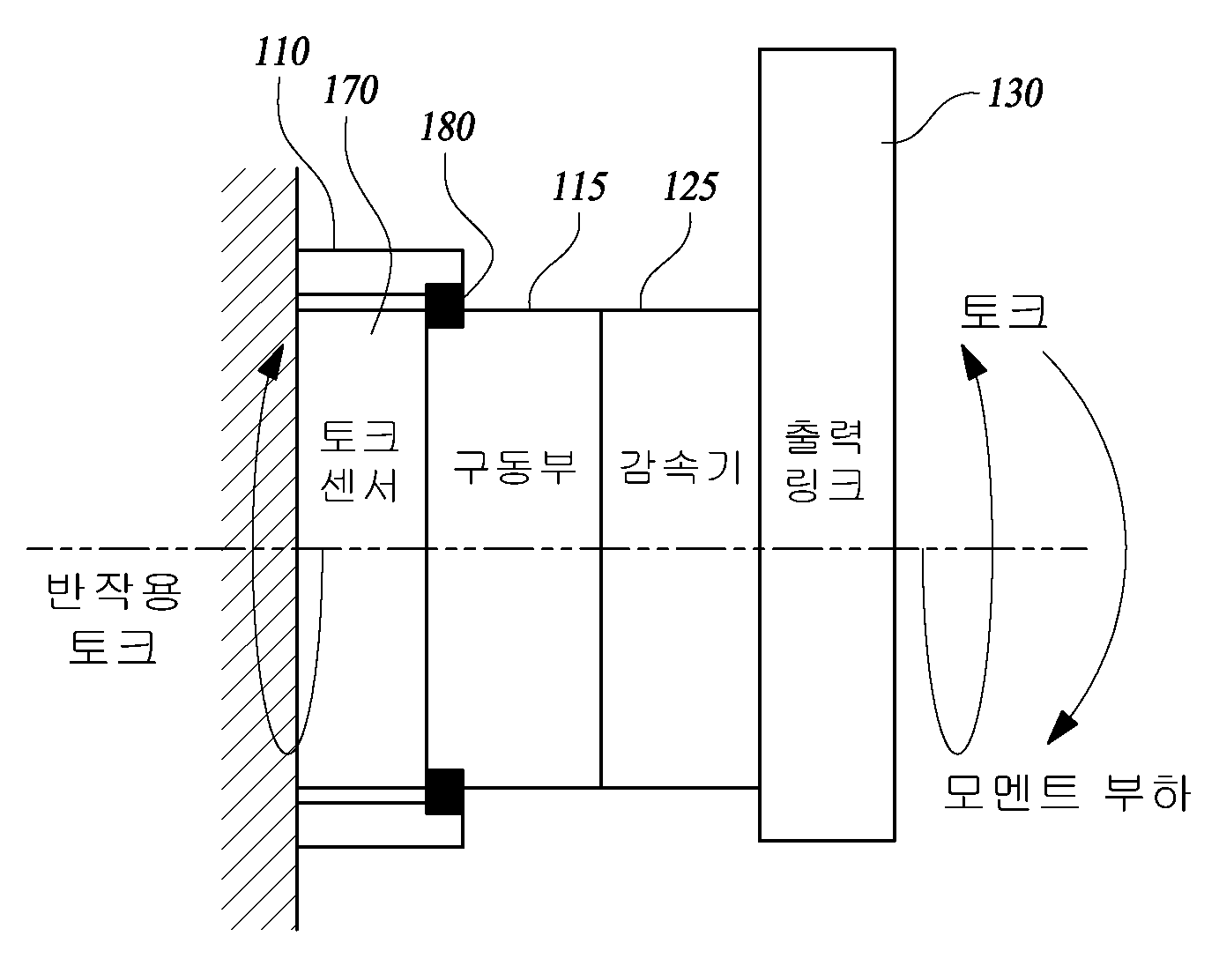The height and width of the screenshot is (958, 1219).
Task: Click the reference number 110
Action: pyautogui.click(x=281, y=52)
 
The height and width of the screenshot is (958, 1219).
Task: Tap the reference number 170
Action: pyautogui.click(x=351, y=90)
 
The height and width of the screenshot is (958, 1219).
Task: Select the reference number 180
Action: pyautogui.click(x=448, y=126)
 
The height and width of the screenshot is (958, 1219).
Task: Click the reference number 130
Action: pyautogui.click(x=1015, y=93)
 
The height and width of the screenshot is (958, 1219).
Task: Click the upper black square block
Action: pyautogui.click(x=445, y=306)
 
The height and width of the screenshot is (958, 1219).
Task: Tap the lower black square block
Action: pyautogui.click(x=445, y=791)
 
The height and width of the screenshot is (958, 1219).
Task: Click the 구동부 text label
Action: pyautogui.click(x=515, y=467)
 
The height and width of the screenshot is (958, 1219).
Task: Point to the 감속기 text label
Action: pyautogui.click(x=680, y=467)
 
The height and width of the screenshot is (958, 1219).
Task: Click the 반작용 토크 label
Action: pyautogui.click(x=114, y=619)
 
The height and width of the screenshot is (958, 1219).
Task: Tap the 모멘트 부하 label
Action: pyautogui.click(x=1067, y=792)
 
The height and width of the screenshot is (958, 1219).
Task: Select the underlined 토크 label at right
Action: pyautogui.click(x=1004, y=312)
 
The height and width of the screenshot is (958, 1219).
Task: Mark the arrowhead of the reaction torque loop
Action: pyautogui.click(x=273, y=361)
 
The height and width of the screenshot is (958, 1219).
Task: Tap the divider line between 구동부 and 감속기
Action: pyautogui.click(x=601, y=548)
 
